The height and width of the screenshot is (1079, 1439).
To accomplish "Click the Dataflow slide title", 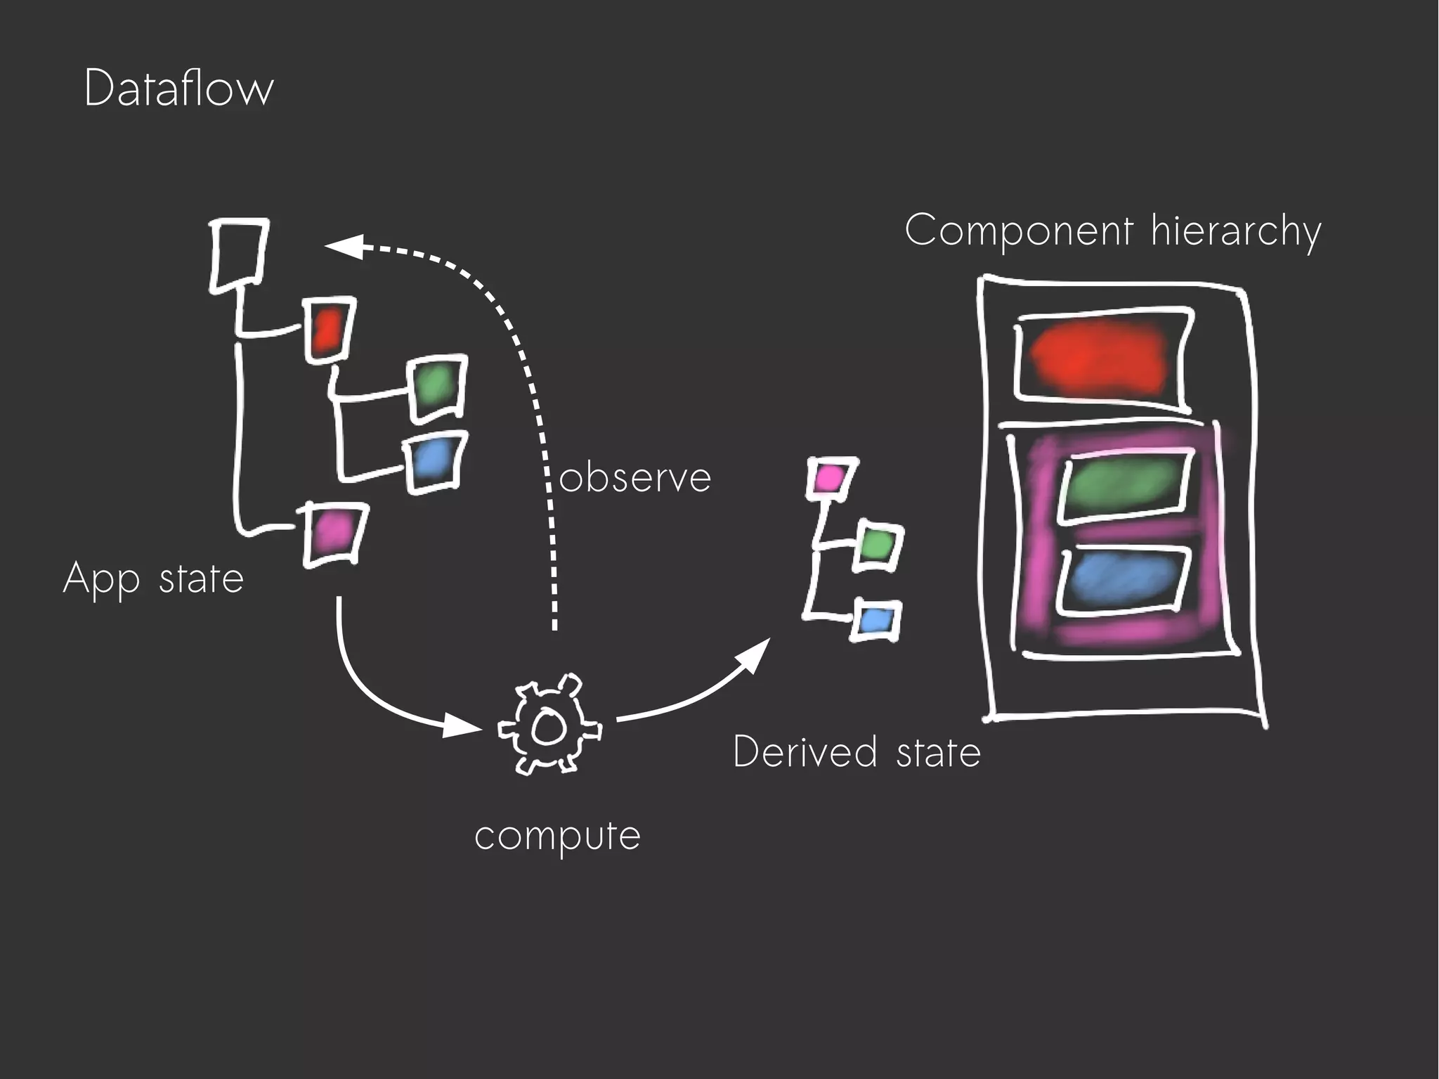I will (x=178, y=89).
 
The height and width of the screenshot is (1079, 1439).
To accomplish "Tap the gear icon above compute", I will (x=549, y=726).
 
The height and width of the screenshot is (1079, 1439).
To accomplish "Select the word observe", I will (x=634, y=478).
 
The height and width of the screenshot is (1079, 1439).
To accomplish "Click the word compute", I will (x=557, y=836).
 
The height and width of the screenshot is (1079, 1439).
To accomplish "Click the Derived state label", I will (x=856, y=752).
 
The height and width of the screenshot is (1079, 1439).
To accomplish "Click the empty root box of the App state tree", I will (x=238, y=254).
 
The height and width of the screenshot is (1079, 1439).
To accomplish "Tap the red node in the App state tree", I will (x=328, y=329).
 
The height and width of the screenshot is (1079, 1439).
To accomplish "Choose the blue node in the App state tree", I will (x=435, y=462).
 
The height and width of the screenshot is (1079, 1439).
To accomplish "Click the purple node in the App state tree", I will (x=332, y=534).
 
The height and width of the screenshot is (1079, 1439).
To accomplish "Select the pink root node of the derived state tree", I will (x=831, y=478).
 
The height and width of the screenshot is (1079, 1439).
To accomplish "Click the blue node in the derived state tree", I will (x=875, y=620).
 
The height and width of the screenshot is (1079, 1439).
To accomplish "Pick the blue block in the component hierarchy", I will (x=1122, y=581).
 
